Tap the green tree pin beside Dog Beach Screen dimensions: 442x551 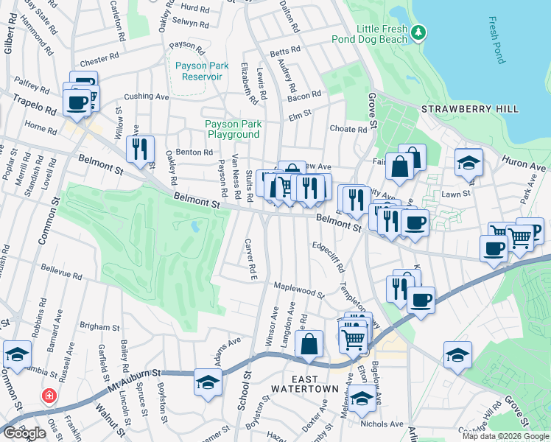(418, 32)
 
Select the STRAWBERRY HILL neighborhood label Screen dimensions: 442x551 (470, 109)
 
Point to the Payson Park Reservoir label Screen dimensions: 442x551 (202, 71)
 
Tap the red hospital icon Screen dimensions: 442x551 (49, 396)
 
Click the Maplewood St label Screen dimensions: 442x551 (298, 289)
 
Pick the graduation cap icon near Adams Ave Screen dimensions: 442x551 (208, 382)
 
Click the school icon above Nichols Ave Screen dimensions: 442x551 (362, 398)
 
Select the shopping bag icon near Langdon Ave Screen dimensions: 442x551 (309, 343)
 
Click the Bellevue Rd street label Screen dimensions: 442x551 (61, 273)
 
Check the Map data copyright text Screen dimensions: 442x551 (505, 436)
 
